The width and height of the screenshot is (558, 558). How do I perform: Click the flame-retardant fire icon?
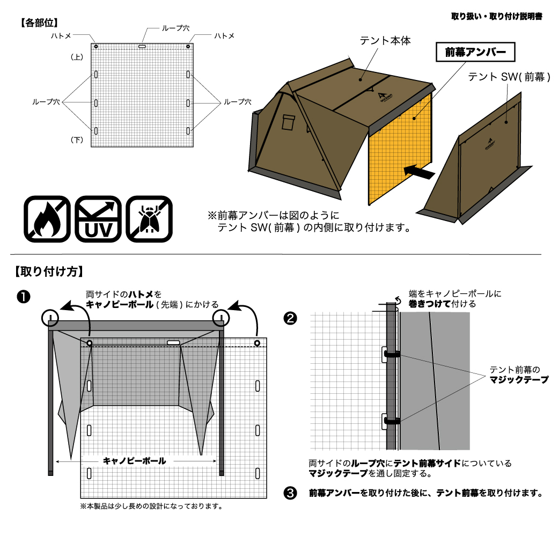47,219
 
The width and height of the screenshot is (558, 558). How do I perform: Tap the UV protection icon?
98,219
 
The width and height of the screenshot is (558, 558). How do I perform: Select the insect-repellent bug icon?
149,219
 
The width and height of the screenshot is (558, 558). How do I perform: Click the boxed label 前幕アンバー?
475,53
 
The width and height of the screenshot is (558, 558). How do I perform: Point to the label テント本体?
385,41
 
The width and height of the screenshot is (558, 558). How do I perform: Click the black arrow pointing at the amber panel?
418,172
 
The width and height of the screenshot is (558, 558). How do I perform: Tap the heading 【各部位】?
39,23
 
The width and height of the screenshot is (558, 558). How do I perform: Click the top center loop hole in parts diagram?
142,47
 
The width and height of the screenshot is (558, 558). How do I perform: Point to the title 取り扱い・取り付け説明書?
496,17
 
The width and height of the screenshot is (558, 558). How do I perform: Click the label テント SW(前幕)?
509,77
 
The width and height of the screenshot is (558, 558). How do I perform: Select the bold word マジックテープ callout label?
519,380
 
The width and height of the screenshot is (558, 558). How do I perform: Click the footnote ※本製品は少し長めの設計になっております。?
151,506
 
